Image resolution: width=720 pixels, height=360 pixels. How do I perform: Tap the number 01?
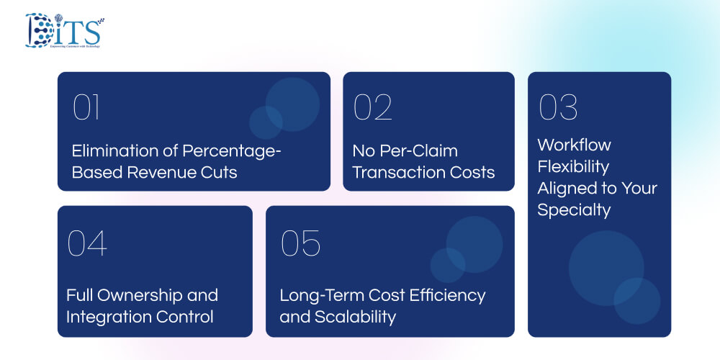(86, 107)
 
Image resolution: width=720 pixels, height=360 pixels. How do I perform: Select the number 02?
(372, 107)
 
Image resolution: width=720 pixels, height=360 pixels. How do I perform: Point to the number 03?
(558, 107)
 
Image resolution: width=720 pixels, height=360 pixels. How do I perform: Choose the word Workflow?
(574, 145)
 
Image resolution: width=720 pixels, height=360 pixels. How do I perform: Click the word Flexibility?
(573, 167)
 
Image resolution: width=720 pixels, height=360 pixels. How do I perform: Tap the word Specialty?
(574, 211)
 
